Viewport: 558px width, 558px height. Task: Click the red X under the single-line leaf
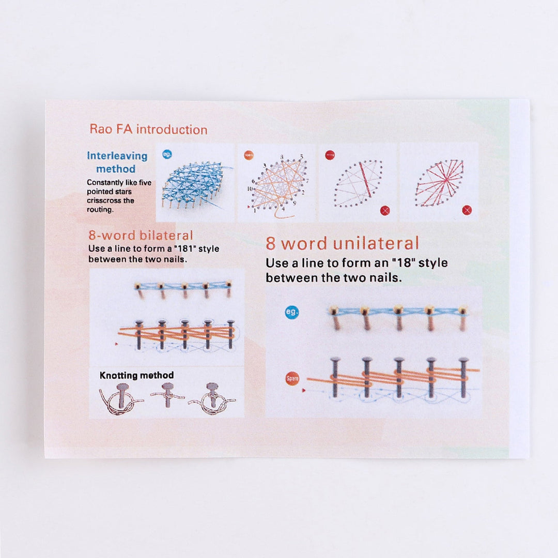[x=384, y=210]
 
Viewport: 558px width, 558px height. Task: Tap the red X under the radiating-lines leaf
[x=467, y=210]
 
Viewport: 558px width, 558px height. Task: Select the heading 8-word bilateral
[x=141, y=236]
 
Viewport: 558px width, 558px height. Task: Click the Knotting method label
[x=136, y=375]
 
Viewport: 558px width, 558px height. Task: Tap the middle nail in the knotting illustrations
[x=167, y=394]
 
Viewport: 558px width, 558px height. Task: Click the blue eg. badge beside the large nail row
[x=292, y=312]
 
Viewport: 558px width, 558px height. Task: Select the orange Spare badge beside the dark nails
[x=292, y=379]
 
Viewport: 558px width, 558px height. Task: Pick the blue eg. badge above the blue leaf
[x=167, y=154]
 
